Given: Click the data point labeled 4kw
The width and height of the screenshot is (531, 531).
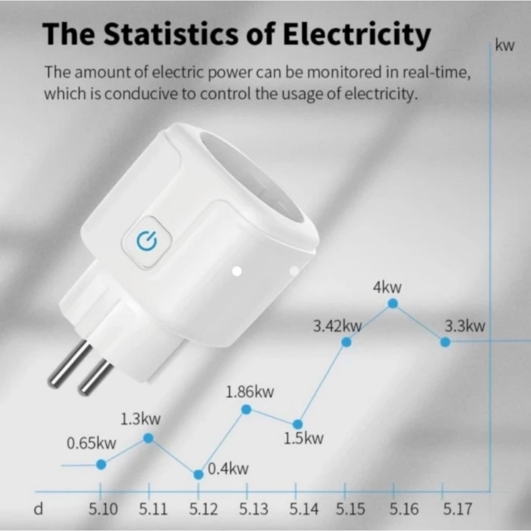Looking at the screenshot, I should [393, 303].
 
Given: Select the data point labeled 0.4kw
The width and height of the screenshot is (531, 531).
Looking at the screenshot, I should [198, 474].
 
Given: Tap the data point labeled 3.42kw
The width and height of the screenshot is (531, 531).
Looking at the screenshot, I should [347, 342].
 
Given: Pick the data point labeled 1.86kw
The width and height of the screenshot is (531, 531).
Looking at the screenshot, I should [247, 410].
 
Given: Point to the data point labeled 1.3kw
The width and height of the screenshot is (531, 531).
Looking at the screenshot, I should [148, 438].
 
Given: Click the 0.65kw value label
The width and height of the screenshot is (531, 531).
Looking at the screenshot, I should [92, 444].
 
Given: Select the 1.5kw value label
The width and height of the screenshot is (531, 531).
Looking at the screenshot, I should [303, 439].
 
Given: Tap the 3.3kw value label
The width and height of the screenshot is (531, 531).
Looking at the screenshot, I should [465, 326].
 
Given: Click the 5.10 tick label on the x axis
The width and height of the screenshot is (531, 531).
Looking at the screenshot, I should [103, 509].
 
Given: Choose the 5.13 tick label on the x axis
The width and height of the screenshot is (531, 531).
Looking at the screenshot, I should [254, 509].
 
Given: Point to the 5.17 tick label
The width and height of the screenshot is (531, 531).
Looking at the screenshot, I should [457, 509].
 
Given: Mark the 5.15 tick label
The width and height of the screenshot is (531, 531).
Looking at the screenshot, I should [350, 509].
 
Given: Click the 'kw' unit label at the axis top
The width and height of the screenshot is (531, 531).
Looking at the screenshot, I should [505, 46].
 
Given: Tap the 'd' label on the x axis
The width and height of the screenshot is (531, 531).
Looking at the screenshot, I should [38, 509].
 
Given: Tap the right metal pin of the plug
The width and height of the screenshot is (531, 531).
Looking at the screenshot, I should [95, 378].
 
